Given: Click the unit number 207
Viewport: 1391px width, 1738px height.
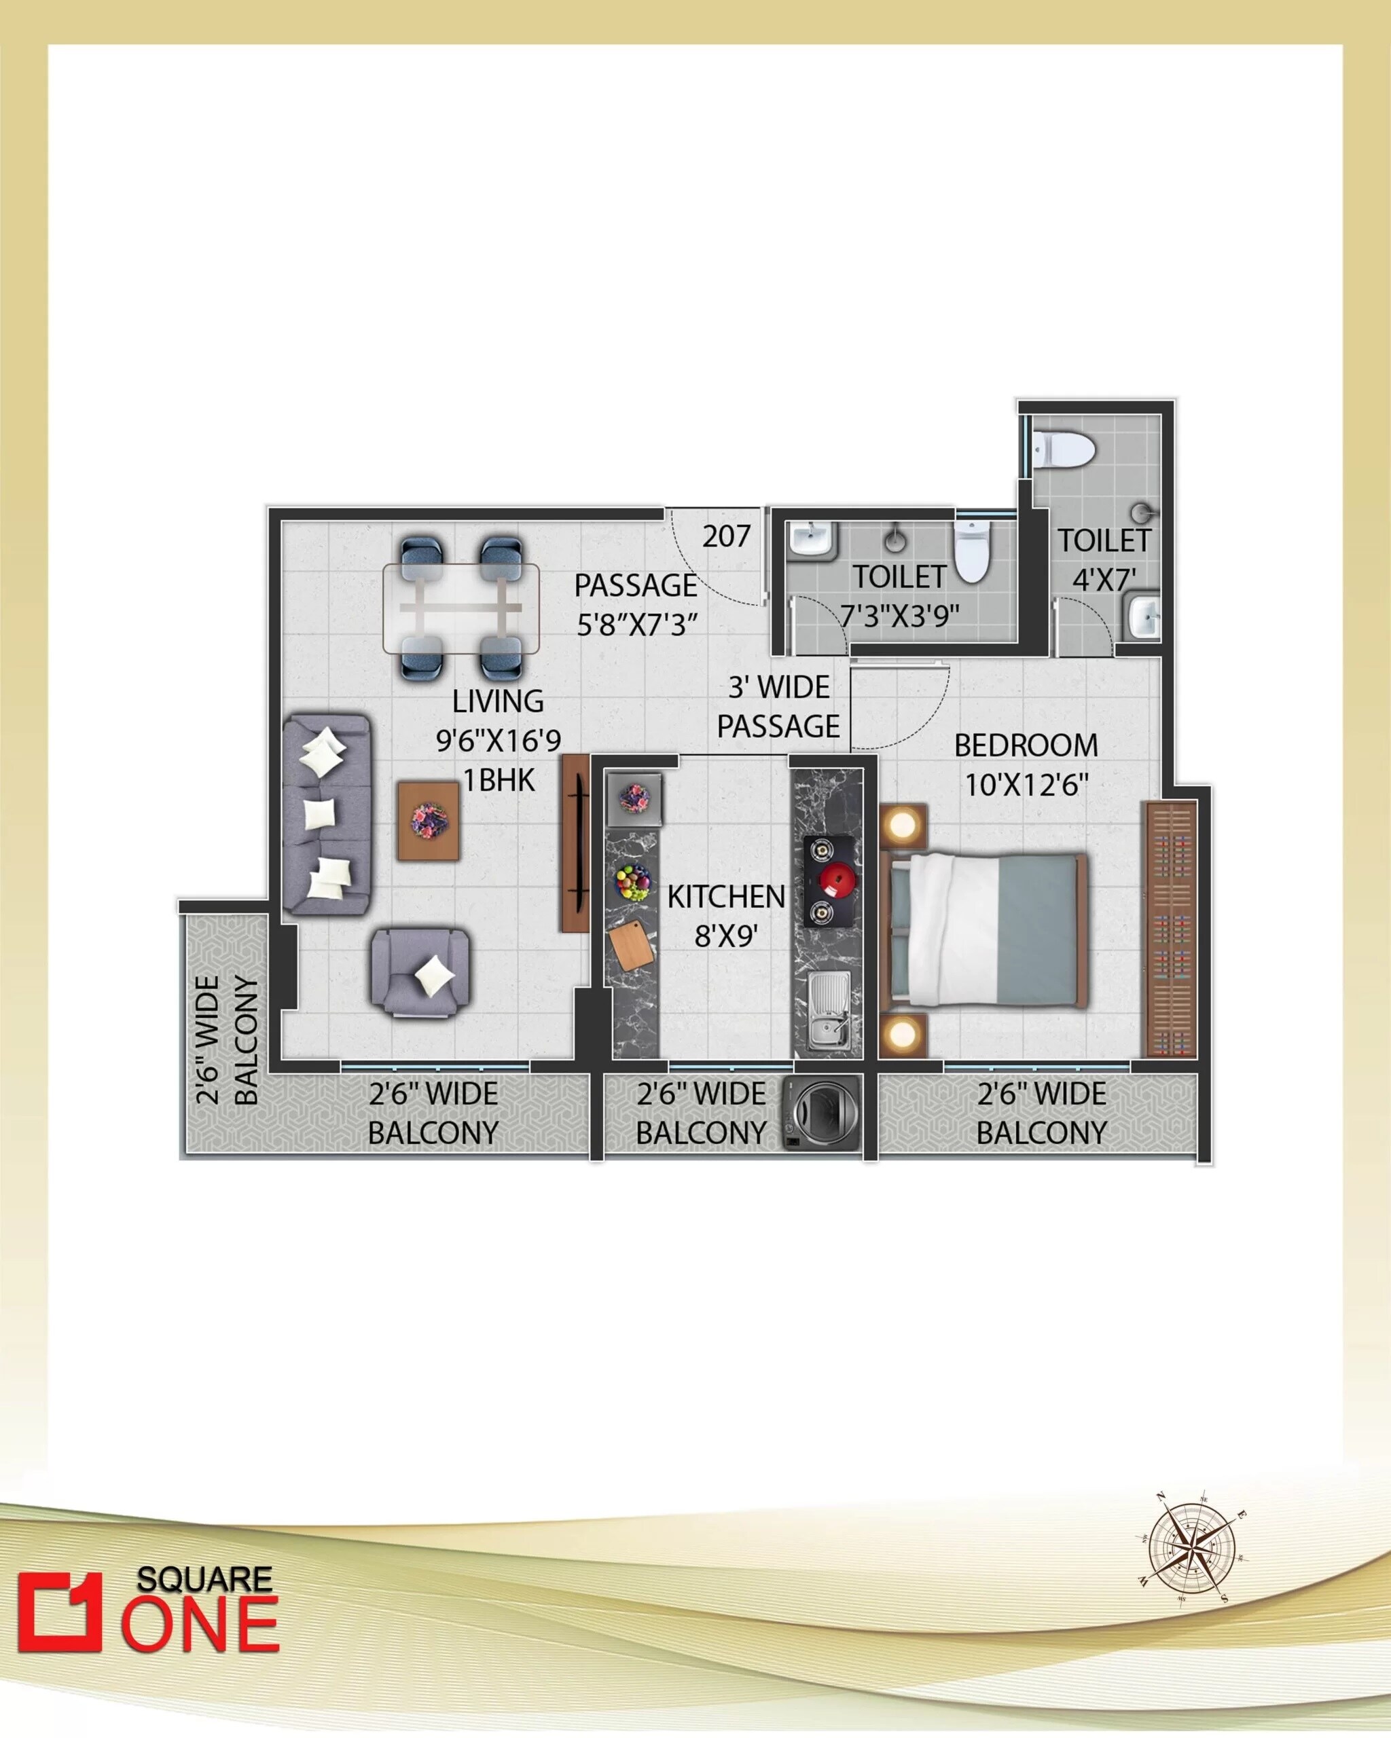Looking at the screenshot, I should pyautogui.click(x=726, y=537).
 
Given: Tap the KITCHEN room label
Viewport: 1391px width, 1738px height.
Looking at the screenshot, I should pyautogui.click(x=726, y=896).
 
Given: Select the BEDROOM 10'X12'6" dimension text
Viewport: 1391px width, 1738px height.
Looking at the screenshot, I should pyautogui.click(x=1026, y=784).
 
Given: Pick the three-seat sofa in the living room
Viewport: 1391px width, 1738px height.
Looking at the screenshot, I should pyautogui.click(x=327, y=814).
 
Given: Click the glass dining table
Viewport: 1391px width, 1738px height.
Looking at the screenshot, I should pyautogui.click(x=461, y=608).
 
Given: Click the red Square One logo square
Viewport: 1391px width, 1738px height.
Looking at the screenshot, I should pyautogui.click(x=60, y=1612).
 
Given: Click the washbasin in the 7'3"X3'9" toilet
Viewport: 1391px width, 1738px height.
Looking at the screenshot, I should pyautogui.click(x=812, y=538).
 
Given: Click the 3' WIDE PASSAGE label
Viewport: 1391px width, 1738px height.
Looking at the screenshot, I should pyautogui.click(x=778, y=706).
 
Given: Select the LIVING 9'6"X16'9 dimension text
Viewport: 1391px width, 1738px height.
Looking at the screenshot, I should pyautogui.click(x=499, y=740).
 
